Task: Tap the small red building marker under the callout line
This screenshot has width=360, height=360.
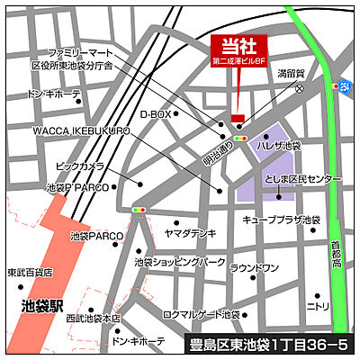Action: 238,118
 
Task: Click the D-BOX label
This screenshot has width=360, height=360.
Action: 155,114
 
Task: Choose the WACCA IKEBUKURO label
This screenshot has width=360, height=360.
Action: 82,131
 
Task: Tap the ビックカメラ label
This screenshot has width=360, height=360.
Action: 80,166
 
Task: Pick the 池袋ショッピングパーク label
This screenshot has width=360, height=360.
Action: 180,262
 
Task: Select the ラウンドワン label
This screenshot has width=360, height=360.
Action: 254,267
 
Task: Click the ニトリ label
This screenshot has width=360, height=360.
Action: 318,306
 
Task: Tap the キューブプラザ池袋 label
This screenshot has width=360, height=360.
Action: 282,220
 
